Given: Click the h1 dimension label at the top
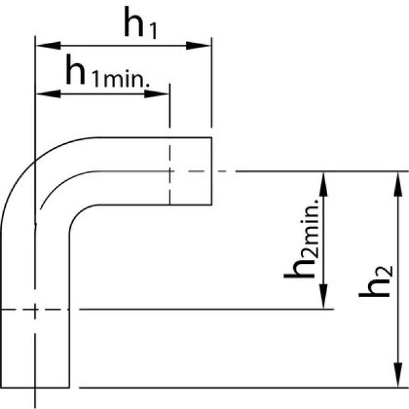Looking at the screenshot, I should pyautogui.click(x=141, y=26).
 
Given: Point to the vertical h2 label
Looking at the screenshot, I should pyautogui.click(x=374, y=281).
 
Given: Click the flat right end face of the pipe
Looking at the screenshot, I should pyautogui.click(x=212, y=171).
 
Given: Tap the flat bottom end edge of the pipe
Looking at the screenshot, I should pyautogui.click(x=35, y=387).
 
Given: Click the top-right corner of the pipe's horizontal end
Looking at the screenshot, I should pyautogui.click(x=212, y=137).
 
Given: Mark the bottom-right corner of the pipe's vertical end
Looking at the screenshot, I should pyautogui.click(x=68, y=387).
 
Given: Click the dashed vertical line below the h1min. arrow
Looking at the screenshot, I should pyautogui.click(x=169, y=160).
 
